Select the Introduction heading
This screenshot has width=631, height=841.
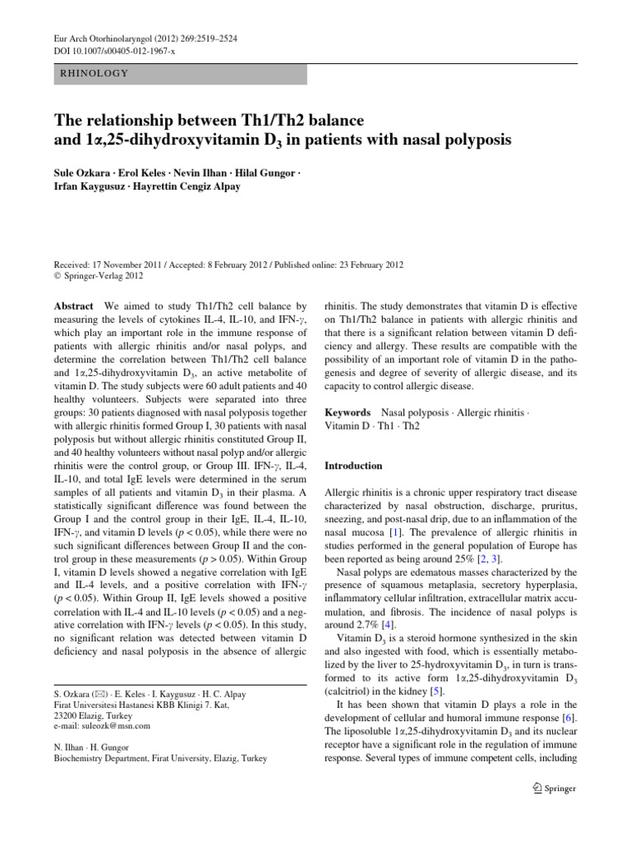tap(353, 466)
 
